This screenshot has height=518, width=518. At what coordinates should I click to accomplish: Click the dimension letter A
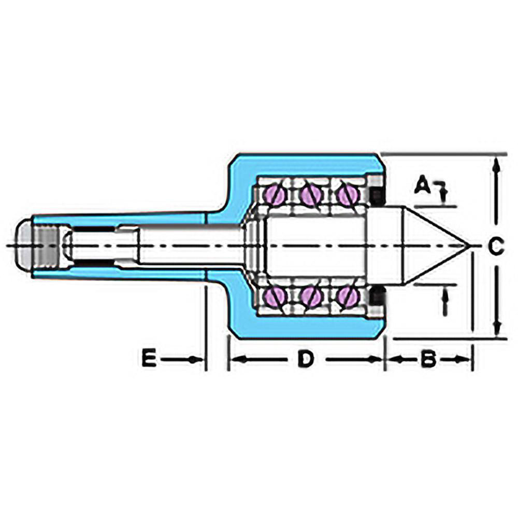tap(424, 185)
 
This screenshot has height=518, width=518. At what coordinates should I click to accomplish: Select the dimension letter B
tap(427, 359)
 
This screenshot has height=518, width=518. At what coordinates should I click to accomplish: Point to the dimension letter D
tap(306, 359)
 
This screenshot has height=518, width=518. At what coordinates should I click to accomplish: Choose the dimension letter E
tap(149, 359)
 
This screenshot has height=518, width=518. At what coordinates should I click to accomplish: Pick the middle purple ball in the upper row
tap(311, 195)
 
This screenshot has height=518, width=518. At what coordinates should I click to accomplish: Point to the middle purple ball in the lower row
tap(311, 296)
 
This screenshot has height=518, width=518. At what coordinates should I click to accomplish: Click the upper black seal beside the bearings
tap(377, 195)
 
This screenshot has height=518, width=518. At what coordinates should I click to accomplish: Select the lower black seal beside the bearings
tap(377, 296)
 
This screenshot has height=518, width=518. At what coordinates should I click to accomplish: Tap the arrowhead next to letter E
tap(196, 359)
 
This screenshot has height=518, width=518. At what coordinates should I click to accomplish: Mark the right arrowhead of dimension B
tap(464, 359)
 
